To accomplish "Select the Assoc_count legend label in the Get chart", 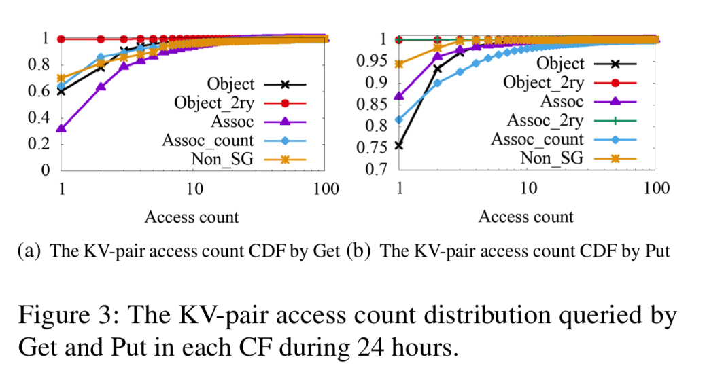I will point(207,141).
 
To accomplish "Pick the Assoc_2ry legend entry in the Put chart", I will point(545,121).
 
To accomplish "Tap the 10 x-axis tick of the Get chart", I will point(194,189).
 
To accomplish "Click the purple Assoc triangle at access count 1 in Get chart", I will point(62,128).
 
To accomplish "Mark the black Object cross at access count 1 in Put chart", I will point(400,145).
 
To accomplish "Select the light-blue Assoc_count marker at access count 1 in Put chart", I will point(400,120).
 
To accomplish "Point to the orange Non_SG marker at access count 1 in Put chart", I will point(400,64).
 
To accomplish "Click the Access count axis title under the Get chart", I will point(192,217).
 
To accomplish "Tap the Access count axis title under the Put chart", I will point(525,217).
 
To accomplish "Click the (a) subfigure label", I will point(27,251).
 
